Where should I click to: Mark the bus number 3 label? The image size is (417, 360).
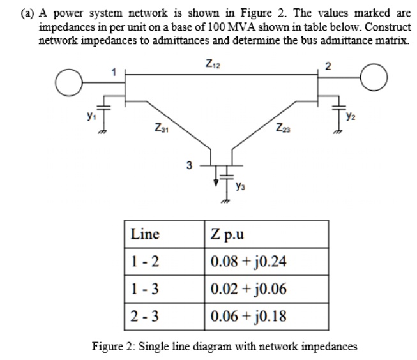(189, 167)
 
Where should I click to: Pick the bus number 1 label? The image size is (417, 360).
(114, 71)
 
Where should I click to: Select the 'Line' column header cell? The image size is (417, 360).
(145, 234)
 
